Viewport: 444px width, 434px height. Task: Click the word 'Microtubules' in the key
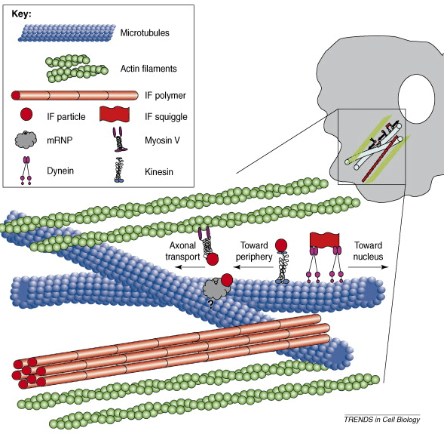click(x=144, y=33)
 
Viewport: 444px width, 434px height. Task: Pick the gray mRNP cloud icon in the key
click(x=25, y=140)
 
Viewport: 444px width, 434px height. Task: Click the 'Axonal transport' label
click(x=182, y=251)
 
